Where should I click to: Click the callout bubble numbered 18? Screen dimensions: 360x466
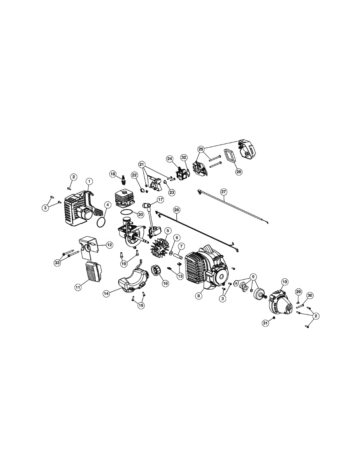point(113,174)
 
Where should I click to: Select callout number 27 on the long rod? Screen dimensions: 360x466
point(223,192)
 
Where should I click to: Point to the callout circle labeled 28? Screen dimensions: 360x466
point(177,210)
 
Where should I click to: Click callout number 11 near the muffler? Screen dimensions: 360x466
point(78,287)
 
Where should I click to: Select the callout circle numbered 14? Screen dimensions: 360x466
point(106,294)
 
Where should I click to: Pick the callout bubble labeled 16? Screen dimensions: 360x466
point(165,283)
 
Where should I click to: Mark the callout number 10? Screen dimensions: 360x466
point(285,281)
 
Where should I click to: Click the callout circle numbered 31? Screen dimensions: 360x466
point(266,323)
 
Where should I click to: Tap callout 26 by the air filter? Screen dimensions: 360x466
point(238,171)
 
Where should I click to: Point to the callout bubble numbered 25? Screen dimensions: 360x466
point(201,149)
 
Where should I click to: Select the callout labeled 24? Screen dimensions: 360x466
point(170,158)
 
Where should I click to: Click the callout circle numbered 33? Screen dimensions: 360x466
point(57,263)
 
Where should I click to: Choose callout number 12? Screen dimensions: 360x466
point(110,245)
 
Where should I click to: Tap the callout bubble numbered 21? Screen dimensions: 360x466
point(141,164)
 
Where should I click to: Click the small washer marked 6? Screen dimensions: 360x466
point(171,254)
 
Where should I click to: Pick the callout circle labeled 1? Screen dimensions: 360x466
point(89,181)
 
